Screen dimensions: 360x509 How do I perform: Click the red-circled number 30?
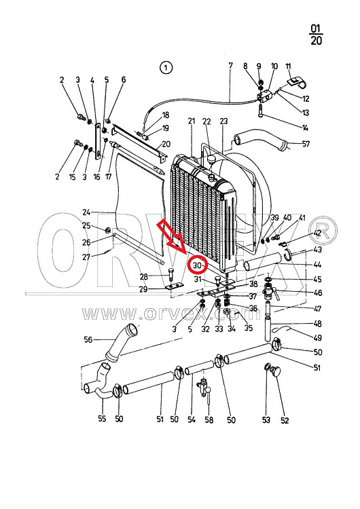[197, 265]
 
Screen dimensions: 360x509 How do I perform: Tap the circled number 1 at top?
[166, 68]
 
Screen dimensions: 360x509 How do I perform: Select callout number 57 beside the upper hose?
[306, 143]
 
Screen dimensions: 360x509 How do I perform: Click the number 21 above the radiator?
[192, 121]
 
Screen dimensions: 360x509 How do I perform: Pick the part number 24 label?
[86, 212]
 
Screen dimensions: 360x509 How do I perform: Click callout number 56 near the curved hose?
[88, 339]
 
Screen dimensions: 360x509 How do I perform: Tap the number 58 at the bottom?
[209, 420]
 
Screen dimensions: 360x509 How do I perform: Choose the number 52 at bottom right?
[285, 420]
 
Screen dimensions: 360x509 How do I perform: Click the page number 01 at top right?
[315, 29]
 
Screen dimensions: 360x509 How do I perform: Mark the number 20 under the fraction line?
[316, 41]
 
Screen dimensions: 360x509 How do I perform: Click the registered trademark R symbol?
[323, 231]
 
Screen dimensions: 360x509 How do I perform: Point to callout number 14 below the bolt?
[305, 128]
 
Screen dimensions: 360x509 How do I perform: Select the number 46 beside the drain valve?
[318, 293]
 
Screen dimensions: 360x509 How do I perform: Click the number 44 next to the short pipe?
[317, 265]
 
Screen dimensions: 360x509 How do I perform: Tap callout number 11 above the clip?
[288, 67]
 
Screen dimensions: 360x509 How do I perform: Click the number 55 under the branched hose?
[102, 419]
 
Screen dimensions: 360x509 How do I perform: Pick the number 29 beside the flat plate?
[143, 289]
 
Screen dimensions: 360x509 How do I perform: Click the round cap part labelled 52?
[276, 371]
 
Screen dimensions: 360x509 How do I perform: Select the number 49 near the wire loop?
[318, 338]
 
